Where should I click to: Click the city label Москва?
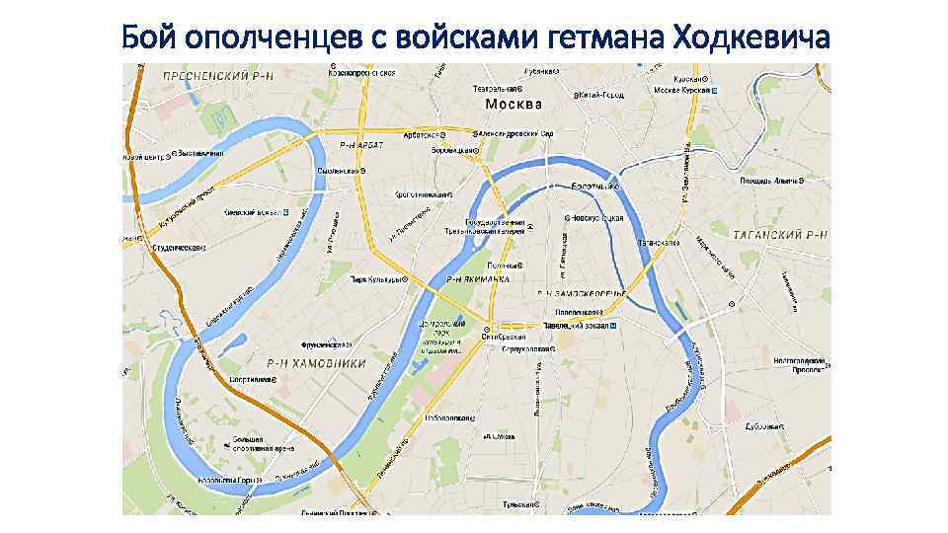tap(513, 104)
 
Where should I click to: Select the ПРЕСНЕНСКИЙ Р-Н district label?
tap(202, 74)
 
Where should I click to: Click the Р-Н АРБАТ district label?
tap(361, 144)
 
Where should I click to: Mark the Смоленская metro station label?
tap(337, 170)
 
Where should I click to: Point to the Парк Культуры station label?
tap(376, 279)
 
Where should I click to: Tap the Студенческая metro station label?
tap(178, 247)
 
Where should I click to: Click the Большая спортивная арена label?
tap(237, 440)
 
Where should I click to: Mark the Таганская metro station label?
tap(657, 242)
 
